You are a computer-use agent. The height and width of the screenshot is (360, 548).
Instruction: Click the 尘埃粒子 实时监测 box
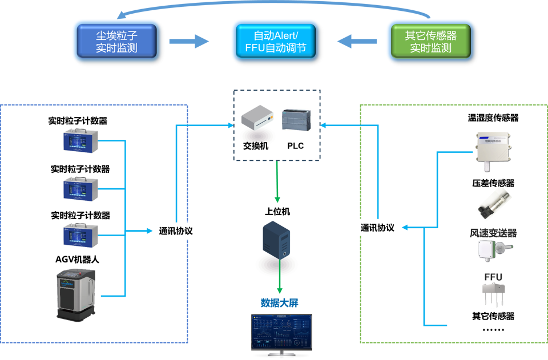[116, 40]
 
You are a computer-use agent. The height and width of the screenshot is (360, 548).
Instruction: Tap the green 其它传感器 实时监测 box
[430, 40]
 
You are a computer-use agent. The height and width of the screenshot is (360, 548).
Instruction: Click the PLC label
[295, 145]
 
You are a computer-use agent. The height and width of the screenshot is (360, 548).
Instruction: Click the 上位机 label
[277, 212]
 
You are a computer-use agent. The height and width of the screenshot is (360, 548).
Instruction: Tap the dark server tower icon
[277, 242]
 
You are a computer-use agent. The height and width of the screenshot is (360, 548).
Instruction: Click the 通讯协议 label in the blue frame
[176, 231]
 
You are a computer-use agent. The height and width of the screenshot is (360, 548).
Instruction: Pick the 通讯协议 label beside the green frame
[377, 227]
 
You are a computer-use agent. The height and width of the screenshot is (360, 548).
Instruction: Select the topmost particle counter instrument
[80, 141]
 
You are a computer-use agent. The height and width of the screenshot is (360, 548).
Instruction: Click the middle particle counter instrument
[80, 188]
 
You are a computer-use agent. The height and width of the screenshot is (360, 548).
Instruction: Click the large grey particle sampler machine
[78, 292]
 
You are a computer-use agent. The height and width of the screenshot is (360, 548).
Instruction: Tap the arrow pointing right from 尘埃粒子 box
[190, 41]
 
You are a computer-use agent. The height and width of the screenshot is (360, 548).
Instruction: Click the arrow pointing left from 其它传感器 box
[357, 41]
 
